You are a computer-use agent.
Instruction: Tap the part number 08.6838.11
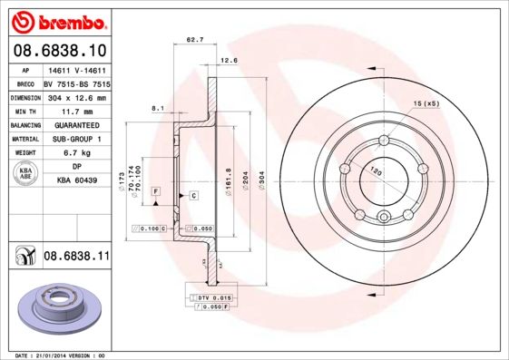click(x=76, y=258)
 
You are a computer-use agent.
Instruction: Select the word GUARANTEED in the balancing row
click(x=75, y=125)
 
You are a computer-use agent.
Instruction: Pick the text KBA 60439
click(x=75, y=181)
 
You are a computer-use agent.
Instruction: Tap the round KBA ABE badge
click(x=27, y=174)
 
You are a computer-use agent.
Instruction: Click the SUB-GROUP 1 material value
click(x=75, y=139)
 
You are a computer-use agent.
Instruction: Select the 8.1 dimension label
click(x=157, y=109)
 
